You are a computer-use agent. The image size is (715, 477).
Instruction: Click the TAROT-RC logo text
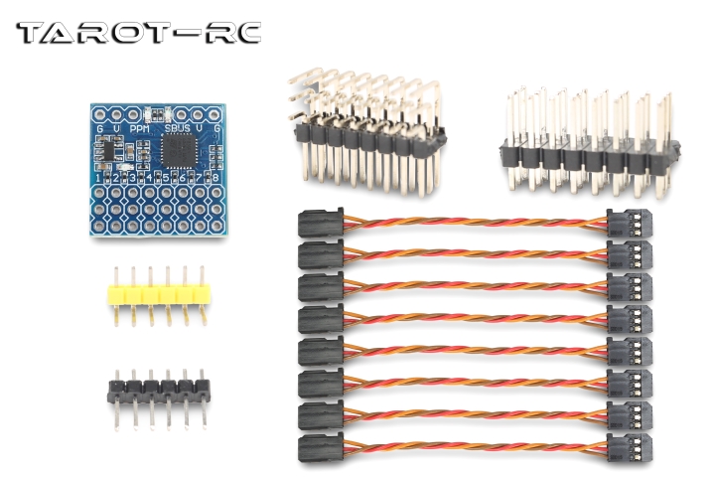point(138,32)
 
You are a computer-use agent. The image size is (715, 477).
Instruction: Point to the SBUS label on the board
point(179,128)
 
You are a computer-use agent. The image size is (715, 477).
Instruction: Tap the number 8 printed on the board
point(215,177)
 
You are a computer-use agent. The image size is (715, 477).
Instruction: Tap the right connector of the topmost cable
point(630,224)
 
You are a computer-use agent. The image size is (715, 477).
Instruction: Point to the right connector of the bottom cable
point(630,446)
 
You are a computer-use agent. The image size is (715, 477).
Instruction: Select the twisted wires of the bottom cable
point(477,446)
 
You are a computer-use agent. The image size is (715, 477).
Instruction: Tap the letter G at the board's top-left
point(99,128)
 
